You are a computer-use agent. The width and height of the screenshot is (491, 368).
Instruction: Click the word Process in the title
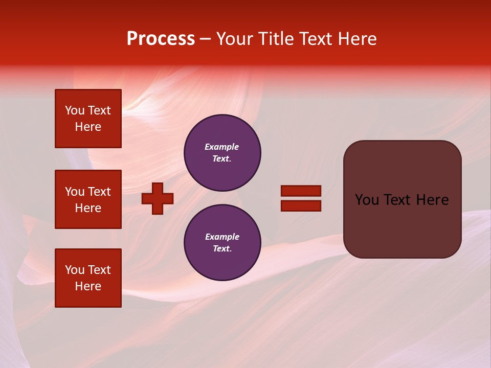point(161,39)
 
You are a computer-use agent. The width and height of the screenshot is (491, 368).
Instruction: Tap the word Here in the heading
point(357,39)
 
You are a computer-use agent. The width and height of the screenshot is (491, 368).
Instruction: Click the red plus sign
point(158,198)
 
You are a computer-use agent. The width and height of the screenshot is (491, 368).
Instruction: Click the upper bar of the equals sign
point(301,191)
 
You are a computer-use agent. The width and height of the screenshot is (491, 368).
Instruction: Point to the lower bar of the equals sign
point(301,205)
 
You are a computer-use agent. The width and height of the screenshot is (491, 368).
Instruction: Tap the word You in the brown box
point(367,200)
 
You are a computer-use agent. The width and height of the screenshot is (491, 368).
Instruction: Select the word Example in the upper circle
point(222,147)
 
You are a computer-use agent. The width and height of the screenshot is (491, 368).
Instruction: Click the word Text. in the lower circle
point(222,248)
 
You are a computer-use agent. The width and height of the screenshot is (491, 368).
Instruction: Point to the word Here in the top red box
point(88,127)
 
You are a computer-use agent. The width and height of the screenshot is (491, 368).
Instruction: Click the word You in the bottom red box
point(75,270)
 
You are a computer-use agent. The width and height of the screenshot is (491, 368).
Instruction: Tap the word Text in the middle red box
point(99,192)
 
